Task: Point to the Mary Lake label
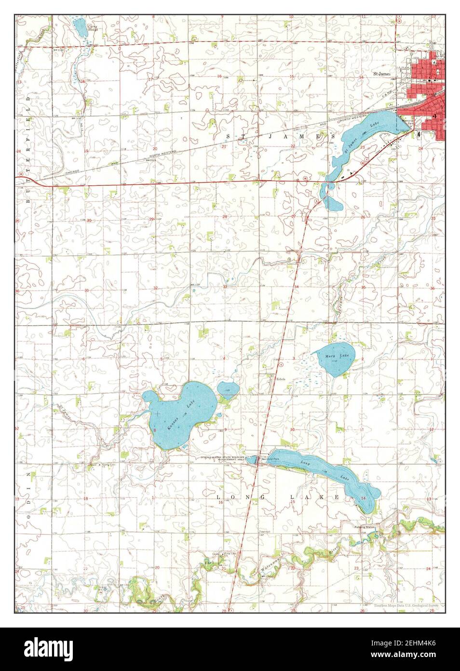pyautogui.click(x=336, y=356)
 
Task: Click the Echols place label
pyautogui.click(x=281, y=379)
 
